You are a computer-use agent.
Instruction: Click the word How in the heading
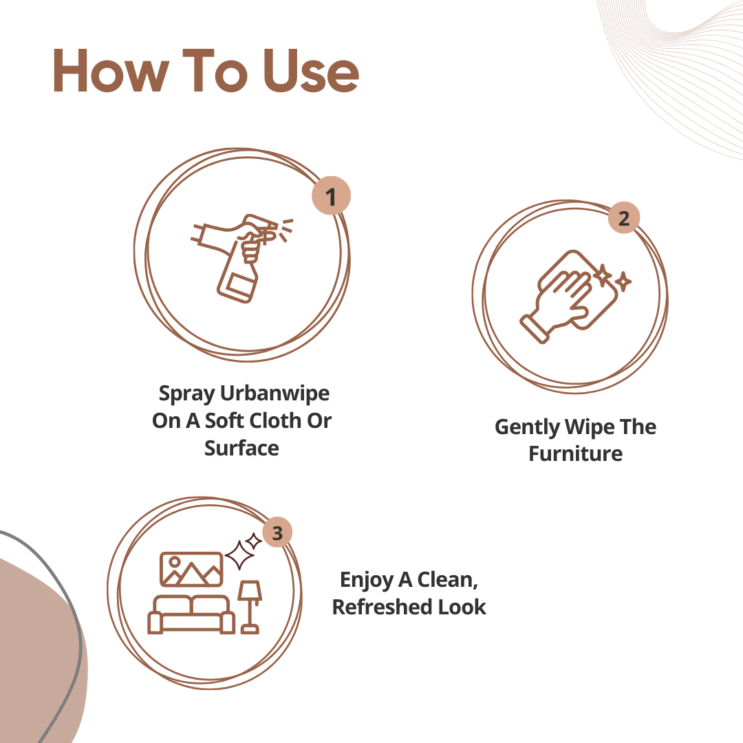pos(110,71)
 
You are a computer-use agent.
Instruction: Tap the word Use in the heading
pos(311,71)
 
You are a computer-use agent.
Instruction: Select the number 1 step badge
pos(331,195)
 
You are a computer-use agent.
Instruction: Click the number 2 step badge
pos(624,217)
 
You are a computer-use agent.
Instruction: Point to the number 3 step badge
pos(277,532)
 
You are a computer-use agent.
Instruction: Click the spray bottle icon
pos(241,258)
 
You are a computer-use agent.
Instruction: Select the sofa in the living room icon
pos(191,614)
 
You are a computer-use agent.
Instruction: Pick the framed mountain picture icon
pos(191,569)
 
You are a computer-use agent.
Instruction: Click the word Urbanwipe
pos(274,393)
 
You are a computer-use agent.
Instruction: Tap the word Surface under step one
pos(241,448)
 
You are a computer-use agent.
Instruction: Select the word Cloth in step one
pos(274,420)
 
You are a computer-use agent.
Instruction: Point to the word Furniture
pos(576,453)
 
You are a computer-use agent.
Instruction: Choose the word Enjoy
pos(367,581)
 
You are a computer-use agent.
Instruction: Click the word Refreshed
pos(382,607)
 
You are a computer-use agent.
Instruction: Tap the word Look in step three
pos(462,607)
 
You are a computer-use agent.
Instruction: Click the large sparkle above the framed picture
pos(240,554)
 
